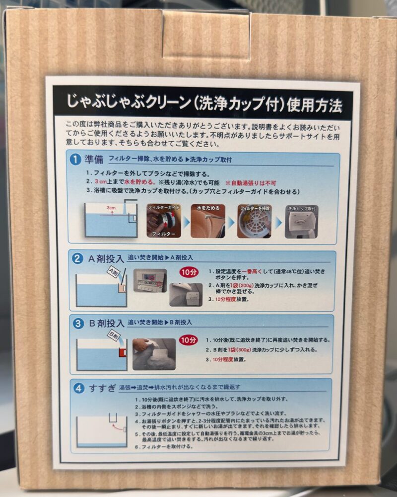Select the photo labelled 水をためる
pos(208,221)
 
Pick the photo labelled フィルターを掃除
pos(254,221)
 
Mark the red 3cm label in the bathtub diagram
pos(110,207)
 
